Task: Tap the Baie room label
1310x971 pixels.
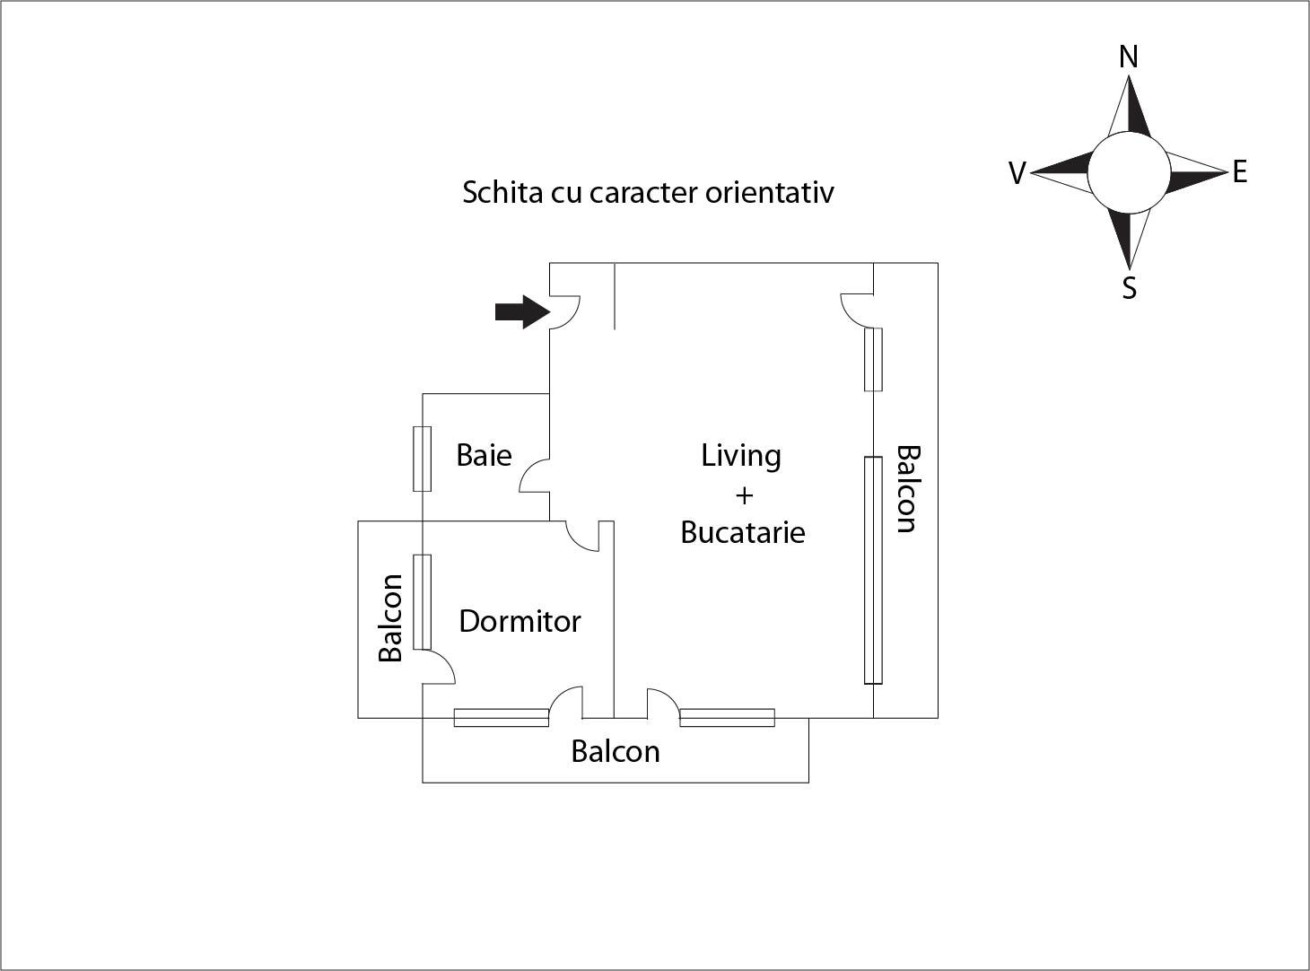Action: [x=484, y=455]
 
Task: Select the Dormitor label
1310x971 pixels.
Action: [x=520, y=621]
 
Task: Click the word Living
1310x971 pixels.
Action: [x=740, y=456]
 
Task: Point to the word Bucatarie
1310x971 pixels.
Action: [x=742, y=532]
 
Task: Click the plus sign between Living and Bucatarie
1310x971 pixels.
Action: [x=743, y=494]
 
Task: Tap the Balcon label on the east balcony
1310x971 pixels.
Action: [x=907, y=489]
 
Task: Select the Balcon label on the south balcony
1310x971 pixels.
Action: [x=616, y=751]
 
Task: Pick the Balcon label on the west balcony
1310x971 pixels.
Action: [x=390, y=618]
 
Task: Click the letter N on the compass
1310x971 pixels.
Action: [x=1129, y=57]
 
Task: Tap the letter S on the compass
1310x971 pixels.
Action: [x=1129, y=288]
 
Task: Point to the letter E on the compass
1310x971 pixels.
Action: [x=1239, y=171]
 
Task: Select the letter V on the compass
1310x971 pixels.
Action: [x=1017, y=173]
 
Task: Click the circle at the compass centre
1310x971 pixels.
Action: [x=1129, y=172]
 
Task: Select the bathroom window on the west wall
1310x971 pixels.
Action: [x=422, y=459]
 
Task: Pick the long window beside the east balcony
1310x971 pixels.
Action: [x=873, y=570]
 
